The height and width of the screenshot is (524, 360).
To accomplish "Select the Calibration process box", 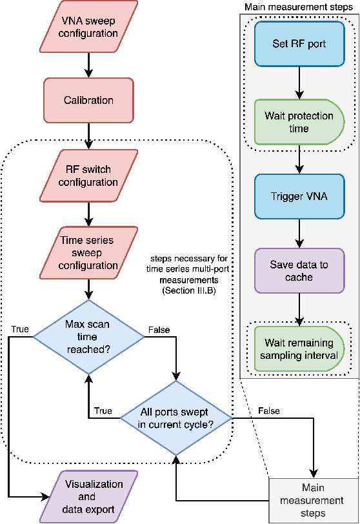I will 89,101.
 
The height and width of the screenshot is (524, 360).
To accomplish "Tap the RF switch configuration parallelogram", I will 89,176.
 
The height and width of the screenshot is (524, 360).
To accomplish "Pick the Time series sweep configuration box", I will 89,253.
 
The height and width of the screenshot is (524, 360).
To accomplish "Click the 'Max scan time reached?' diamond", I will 89,336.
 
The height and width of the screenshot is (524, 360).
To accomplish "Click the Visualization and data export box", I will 89,496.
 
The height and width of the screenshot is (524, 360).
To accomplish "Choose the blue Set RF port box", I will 299,45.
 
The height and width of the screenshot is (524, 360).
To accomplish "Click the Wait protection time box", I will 299,122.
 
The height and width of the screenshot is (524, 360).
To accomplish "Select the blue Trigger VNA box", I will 299,196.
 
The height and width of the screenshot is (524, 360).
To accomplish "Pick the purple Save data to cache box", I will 299,270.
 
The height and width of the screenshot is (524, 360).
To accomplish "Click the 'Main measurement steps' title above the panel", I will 298,6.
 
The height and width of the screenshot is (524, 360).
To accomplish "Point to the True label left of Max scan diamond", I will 20,329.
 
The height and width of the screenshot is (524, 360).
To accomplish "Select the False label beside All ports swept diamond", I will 268,410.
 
